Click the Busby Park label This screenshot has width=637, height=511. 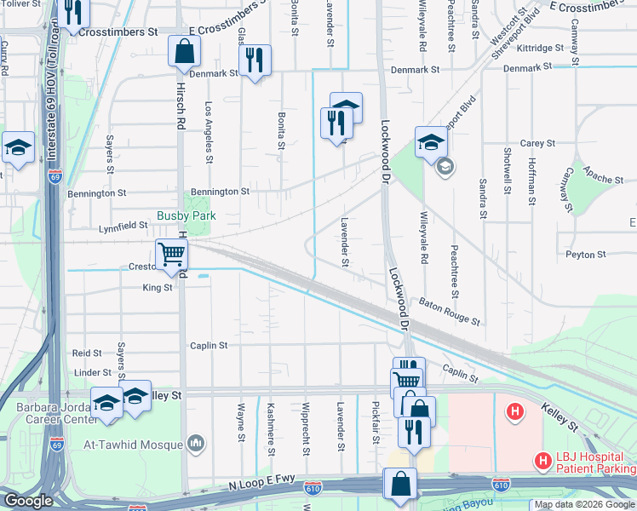[186, 216]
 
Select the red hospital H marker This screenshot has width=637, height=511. [514, 412]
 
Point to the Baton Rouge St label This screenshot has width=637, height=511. [450, 313]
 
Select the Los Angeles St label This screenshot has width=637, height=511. [209, 132]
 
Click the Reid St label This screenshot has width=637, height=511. [87, 353]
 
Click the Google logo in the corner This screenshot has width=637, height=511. [29, 501]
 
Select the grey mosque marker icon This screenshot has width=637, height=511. [197, 443]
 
